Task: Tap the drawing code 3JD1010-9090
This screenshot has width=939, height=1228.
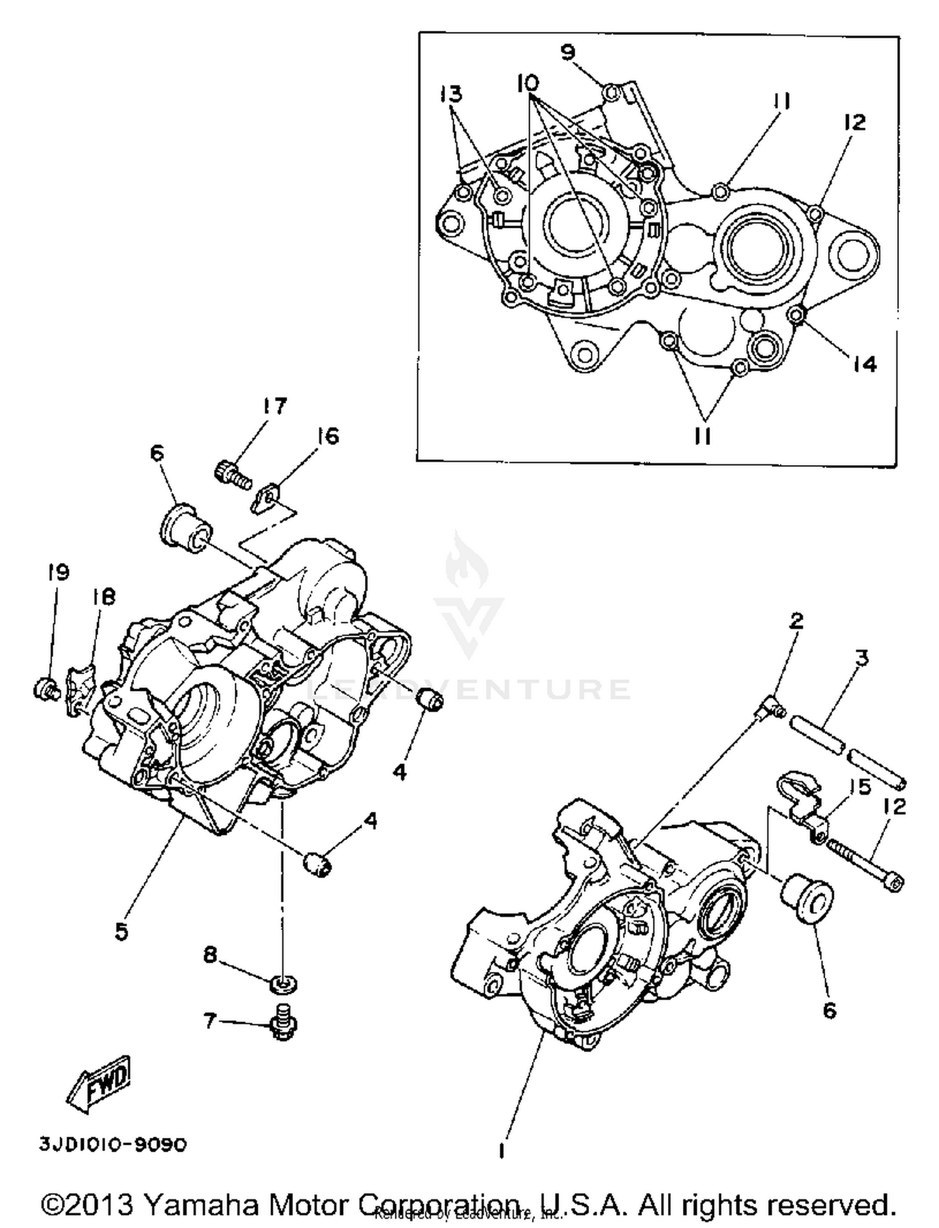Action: pos(113,1145)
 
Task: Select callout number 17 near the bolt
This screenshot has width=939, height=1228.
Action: pos(274,406)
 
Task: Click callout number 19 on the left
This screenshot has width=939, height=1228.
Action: pos(58,571)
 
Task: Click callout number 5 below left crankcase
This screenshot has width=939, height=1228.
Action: pos(121,931)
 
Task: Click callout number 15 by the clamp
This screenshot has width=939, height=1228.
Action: pos(863,787)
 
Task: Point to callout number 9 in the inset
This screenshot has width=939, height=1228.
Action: pos(567,52)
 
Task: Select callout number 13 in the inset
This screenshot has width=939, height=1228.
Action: pos(451,94)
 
